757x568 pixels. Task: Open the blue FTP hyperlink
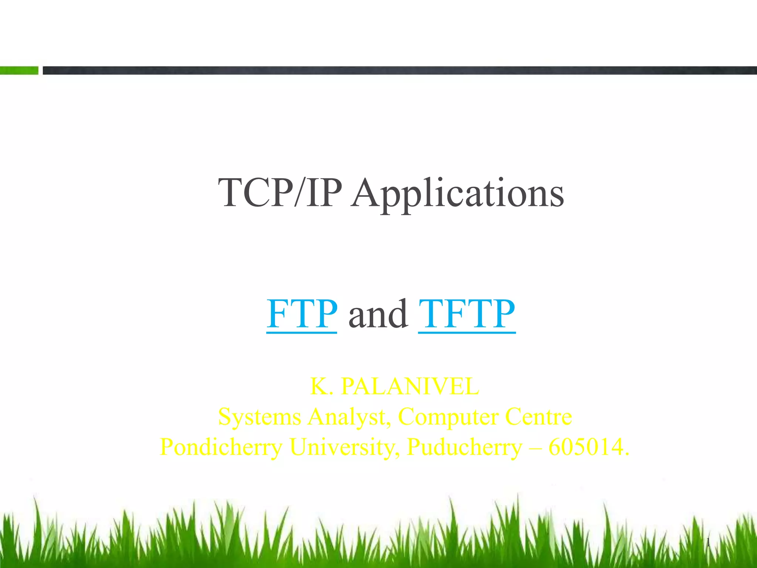302,314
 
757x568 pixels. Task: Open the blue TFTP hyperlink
466,314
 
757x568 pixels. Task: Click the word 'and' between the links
378,314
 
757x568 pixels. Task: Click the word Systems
259,417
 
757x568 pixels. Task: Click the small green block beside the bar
19,70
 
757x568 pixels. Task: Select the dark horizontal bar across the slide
399,70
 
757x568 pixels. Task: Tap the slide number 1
708,543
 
